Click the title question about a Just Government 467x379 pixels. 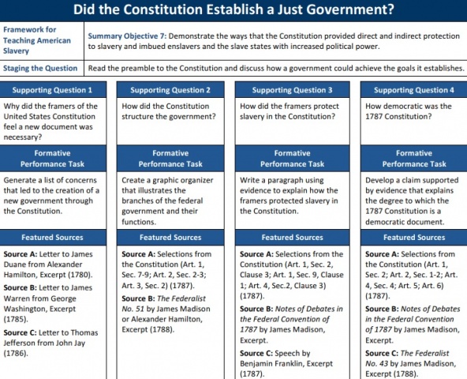click(233, 11)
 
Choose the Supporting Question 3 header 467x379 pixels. click(293, 90)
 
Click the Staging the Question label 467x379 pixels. click(39, 69)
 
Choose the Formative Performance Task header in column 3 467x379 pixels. click(293, 158)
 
